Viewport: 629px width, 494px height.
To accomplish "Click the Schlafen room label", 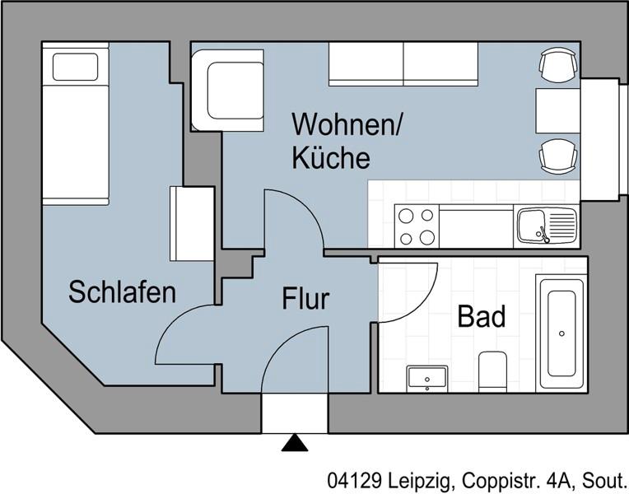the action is [122, 291].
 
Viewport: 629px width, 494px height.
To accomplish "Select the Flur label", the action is [305, 298].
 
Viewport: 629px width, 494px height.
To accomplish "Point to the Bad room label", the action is [482, 316].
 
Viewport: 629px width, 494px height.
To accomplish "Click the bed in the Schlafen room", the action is [75, 123].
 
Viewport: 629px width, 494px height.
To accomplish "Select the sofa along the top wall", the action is [403, 64].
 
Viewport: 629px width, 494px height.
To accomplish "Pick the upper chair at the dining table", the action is [557, 63].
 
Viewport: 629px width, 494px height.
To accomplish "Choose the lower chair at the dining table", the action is [557, 156].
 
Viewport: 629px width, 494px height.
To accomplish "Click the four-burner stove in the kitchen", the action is [416, 226].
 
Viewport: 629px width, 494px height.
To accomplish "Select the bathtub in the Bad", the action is [561, 333].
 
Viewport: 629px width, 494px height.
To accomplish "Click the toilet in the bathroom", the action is [493, 370].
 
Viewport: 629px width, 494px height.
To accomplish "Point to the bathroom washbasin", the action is [427, 378].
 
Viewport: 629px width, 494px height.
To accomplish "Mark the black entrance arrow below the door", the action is [295, 443].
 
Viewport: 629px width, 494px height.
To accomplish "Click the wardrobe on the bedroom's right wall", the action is [191, 223].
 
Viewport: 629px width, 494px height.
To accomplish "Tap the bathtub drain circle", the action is [561, 333].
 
